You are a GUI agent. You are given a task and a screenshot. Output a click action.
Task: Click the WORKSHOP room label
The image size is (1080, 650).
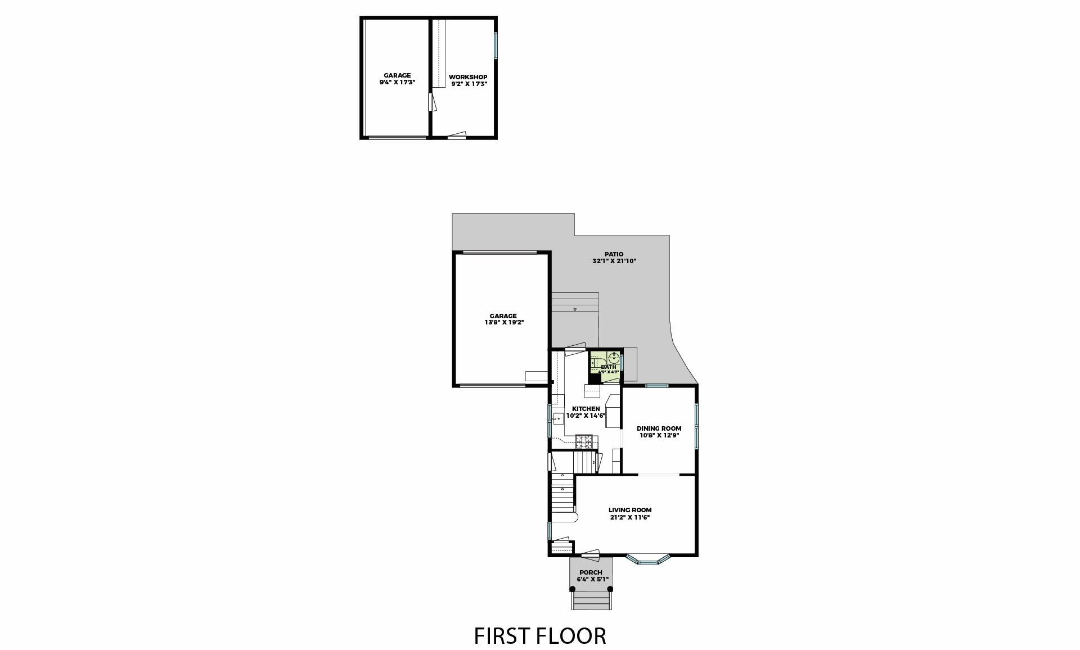(467, 77)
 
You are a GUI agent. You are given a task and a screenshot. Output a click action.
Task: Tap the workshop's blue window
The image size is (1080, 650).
(496, 46)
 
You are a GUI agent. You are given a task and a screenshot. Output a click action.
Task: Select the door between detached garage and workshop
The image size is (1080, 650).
(430, 102)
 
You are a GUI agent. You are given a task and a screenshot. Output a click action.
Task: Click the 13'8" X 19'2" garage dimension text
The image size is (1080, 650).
(504, 323)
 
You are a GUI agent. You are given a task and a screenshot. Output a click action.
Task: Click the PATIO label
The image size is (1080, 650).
(614, 254)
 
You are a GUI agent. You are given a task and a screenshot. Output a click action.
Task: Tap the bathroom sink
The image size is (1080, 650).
(615, 357)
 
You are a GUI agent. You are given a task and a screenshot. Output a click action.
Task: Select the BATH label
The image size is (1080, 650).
(608, 367)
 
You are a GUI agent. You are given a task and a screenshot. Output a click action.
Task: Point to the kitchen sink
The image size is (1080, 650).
(558, 418)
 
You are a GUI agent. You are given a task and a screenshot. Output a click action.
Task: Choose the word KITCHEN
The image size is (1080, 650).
(586, 409)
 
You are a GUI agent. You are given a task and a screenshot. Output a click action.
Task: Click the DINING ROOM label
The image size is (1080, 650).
(659, 428)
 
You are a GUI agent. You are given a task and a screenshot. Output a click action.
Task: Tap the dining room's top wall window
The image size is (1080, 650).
(656, 386)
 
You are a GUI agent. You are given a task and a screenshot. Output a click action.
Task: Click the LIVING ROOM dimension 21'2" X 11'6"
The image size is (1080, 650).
(630, 517)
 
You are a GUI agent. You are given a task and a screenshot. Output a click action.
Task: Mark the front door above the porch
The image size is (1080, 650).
(590, 554)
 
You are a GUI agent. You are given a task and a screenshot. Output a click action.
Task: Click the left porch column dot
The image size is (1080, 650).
(573, 589)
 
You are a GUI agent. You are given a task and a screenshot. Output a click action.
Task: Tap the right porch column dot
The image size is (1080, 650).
(610, 589)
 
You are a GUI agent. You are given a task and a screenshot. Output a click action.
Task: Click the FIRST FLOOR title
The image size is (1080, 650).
(540, 635)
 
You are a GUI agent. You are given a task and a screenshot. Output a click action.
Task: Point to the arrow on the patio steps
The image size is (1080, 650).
(575, 310)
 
